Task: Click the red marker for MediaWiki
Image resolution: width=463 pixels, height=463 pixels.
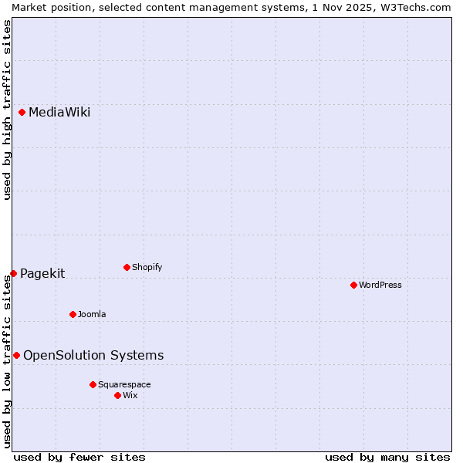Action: [22, 113]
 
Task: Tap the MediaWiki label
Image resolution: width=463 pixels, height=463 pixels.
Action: [59, 113]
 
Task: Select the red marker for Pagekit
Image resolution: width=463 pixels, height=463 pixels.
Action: [13, 273]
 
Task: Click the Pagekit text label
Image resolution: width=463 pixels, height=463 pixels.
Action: [42, 273]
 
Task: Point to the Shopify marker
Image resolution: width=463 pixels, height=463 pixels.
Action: [127, 267]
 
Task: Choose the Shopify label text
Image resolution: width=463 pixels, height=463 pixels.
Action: [147, 267]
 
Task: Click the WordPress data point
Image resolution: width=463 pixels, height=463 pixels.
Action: [353, 285]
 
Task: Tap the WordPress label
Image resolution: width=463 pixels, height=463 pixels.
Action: [380, 285]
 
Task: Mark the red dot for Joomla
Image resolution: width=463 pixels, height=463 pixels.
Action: [73, 314]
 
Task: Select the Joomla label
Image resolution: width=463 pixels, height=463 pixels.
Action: [92, 314]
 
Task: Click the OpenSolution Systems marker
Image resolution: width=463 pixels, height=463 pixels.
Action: [16, 355]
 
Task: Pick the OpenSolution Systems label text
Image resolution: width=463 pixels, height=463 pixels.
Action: [93, 355]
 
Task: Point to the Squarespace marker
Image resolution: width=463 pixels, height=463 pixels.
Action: [93, 384]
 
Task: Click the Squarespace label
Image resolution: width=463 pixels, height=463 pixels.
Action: [124, 384]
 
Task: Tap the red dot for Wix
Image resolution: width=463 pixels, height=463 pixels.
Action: [117, 395]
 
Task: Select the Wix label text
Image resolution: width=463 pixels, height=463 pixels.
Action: [130, 395]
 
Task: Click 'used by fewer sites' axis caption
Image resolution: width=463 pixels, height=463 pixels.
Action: [79, 457]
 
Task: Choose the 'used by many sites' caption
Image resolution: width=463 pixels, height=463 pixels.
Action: [387, 457]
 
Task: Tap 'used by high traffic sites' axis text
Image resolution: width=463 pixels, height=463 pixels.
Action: [7, 110]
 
